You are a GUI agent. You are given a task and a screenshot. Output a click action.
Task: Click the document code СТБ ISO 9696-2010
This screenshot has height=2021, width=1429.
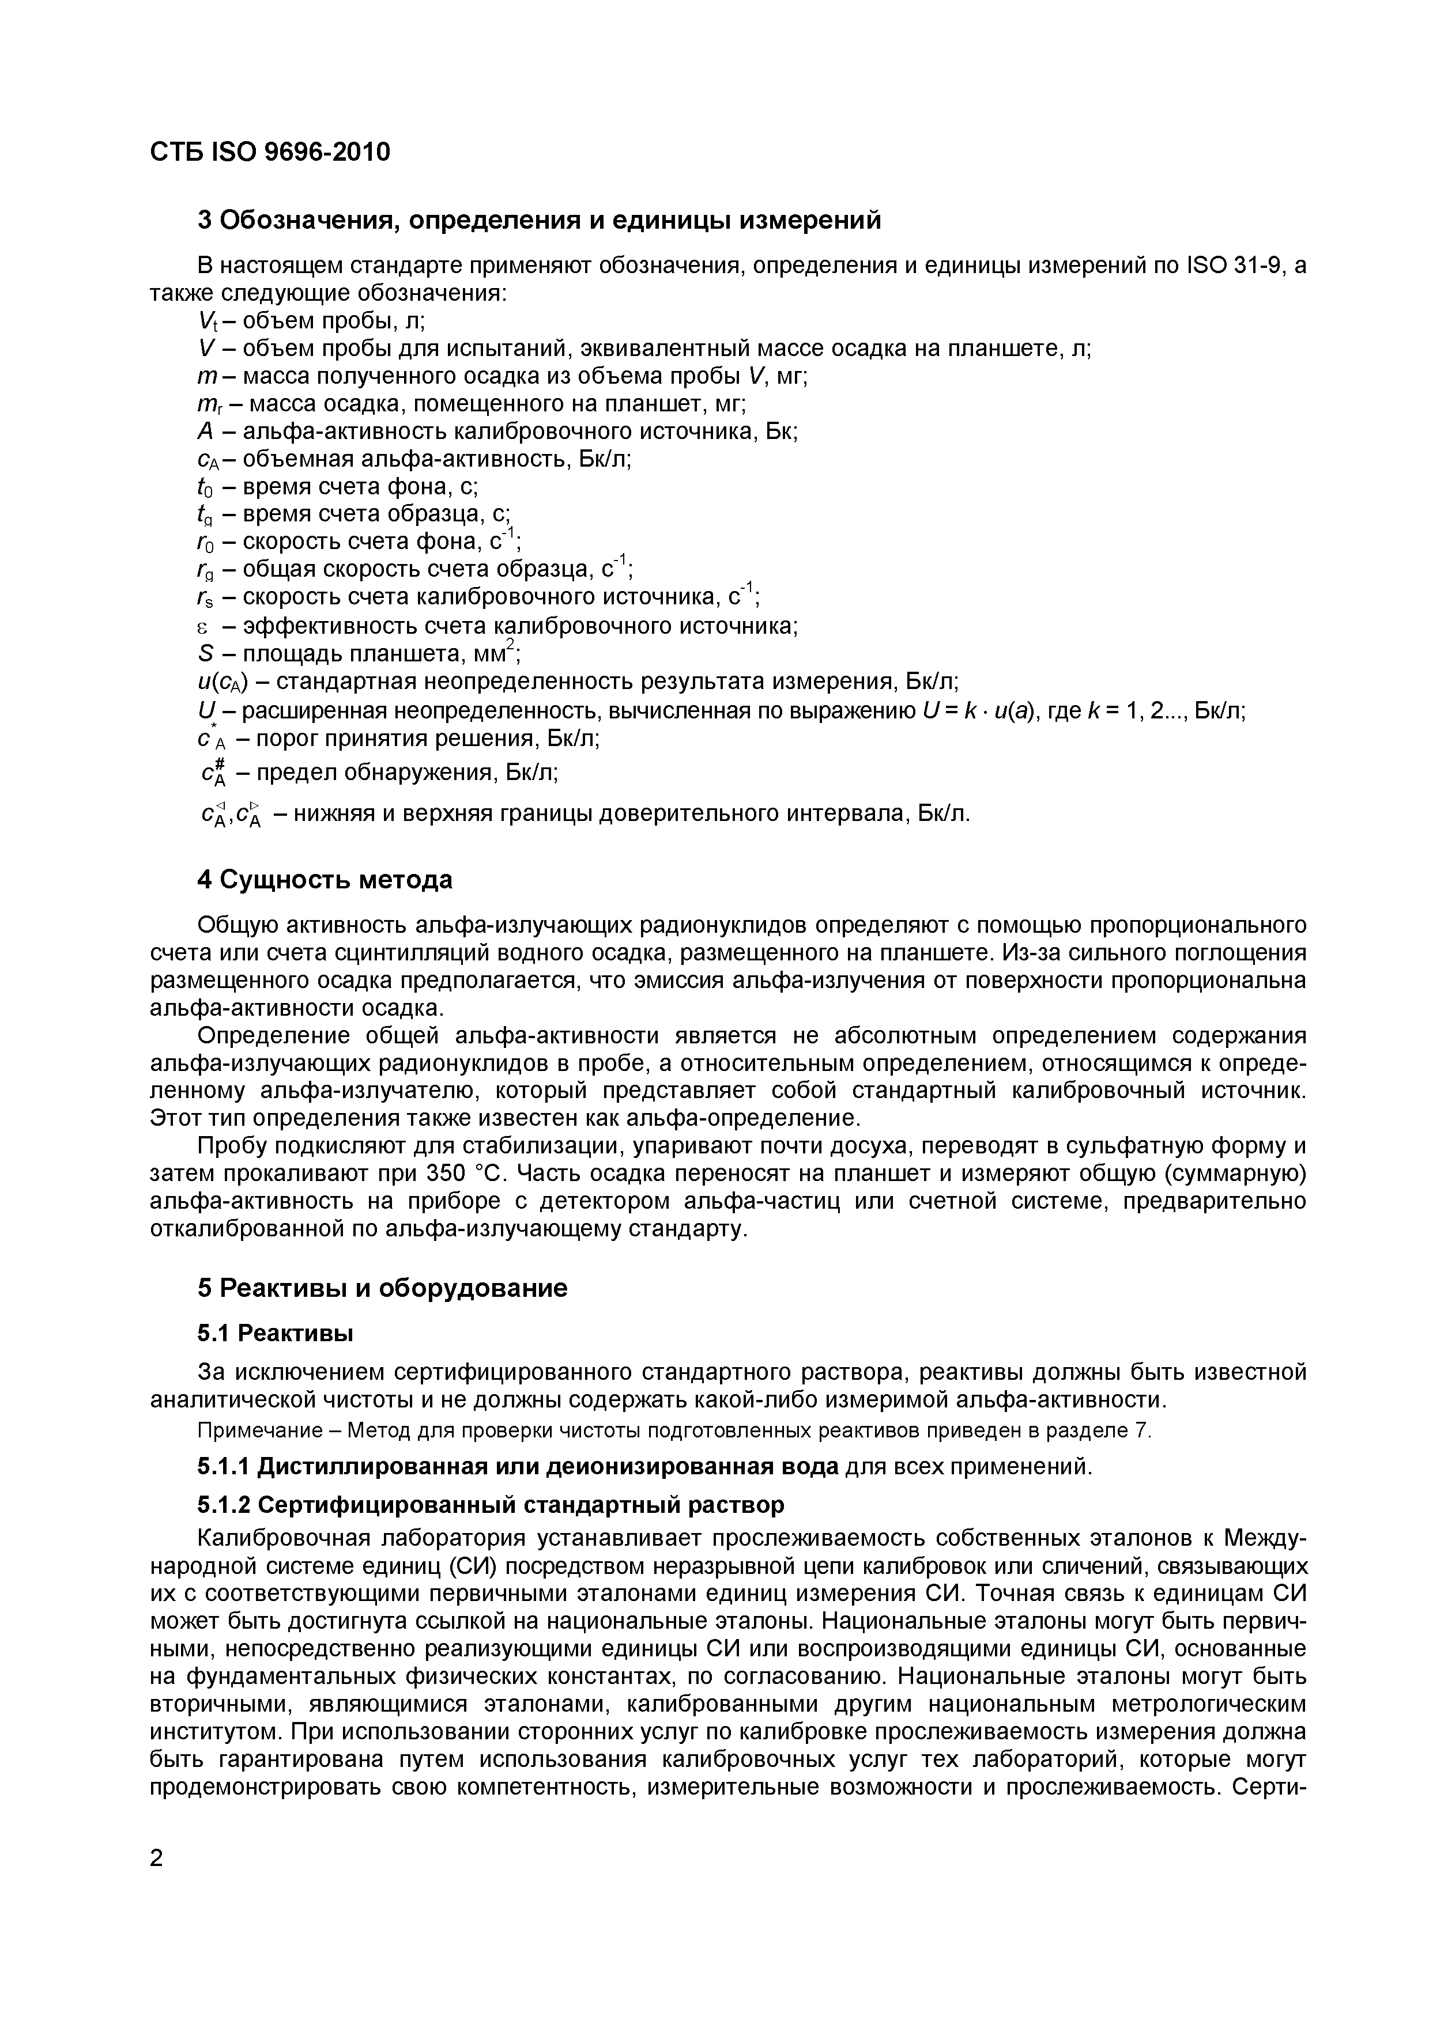(x=269, y=152)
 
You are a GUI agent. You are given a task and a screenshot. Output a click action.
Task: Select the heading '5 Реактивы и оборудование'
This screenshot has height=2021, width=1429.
(x=382, y=1288)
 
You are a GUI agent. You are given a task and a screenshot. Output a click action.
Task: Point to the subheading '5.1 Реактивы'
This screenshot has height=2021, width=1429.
(x=275, y=1334)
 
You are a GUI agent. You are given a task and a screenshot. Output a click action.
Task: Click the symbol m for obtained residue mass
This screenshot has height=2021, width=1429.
(x=206, y=376)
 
